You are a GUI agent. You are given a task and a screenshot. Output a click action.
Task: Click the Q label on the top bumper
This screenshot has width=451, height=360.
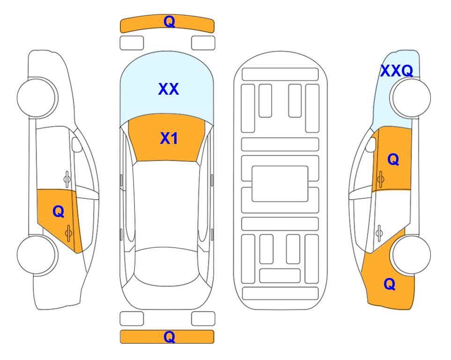point(169,22)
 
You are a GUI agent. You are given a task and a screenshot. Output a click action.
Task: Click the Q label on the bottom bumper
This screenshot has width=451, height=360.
point(169,337)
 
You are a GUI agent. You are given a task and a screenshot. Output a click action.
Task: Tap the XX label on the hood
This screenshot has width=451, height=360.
point(169,89)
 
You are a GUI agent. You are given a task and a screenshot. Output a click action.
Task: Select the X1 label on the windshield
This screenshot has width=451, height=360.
point(169,138)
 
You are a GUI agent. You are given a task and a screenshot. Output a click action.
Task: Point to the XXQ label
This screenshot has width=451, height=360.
point(396,71)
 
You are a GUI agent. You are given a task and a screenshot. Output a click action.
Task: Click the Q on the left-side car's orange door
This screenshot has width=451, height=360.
point(59,212)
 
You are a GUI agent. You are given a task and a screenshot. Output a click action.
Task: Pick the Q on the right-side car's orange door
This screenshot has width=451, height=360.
point(393,159)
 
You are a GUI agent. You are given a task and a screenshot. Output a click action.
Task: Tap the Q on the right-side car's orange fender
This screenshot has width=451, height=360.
point(390,284)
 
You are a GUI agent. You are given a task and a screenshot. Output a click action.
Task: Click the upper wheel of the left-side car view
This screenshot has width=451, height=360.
point(37,97)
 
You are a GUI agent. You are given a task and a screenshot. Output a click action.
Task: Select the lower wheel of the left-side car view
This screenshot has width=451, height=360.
point(37,255)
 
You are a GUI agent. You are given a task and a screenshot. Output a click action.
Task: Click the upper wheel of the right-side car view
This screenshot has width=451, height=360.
point(411,98)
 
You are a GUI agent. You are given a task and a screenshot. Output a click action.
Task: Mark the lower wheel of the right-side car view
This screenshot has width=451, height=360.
point(411,255)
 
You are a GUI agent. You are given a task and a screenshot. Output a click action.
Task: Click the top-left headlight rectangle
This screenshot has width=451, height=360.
point(132,43)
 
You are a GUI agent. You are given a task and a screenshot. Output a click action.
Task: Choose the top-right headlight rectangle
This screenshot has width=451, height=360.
point(203,43)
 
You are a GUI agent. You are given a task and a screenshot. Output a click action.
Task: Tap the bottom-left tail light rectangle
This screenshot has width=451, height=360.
point(132,319)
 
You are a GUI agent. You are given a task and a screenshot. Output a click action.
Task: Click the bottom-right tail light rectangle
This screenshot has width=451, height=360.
point(203,319)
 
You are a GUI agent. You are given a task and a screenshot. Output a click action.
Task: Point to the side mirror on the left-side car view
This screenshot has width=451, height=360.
point(77,144)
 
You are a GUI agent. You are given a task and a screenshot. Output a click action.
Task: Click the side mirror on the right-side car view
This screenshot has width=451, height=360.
point(371,144)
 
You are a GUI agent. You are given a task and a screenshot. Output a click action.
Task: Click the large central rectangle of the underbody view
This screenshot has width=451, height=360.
point(280,184)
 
